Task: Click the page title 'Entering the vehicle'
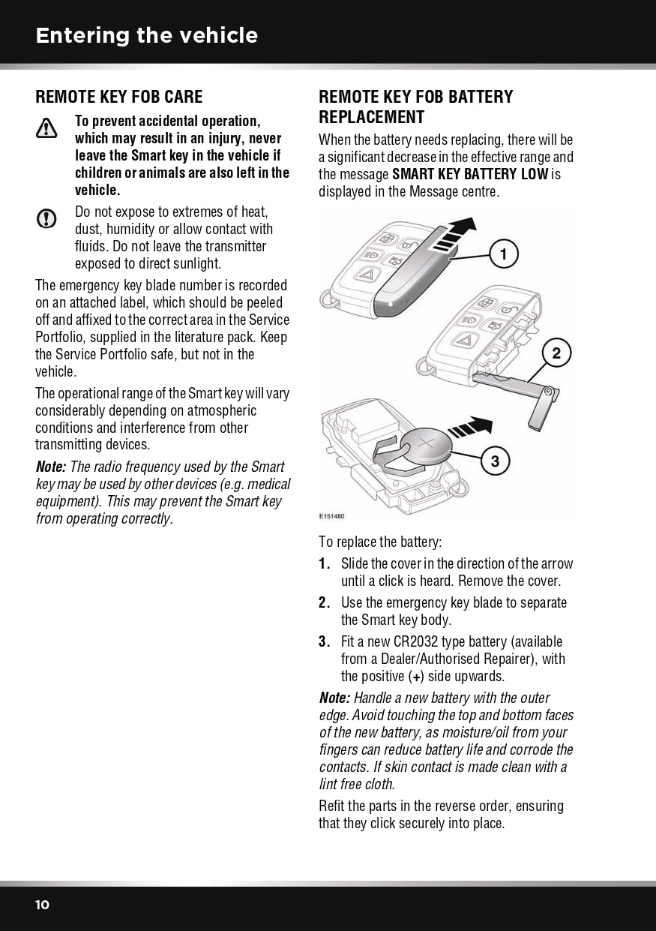pos(146,35)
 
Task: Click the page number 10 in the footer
pos(43,905)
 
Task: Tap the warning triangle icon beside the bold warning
pos(46,129)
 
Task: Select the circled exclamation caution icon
pos(46,218)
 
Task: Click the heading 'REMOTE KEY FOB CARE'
pos(119,97)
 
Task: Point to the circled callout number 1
pos(504,255)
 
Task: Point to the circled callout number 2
pos(556,353)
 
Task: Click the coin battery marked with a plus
pos(425,449)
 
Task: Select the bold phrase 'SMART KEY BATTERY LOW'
pos(470,175)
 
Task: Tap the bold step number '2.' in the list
pos(325,603)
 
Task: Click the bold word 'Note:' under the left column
pos(51,467)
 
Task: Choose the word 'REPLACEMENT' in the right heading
pos(371,117)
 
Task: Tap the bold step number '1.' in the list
pos(325,564)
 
